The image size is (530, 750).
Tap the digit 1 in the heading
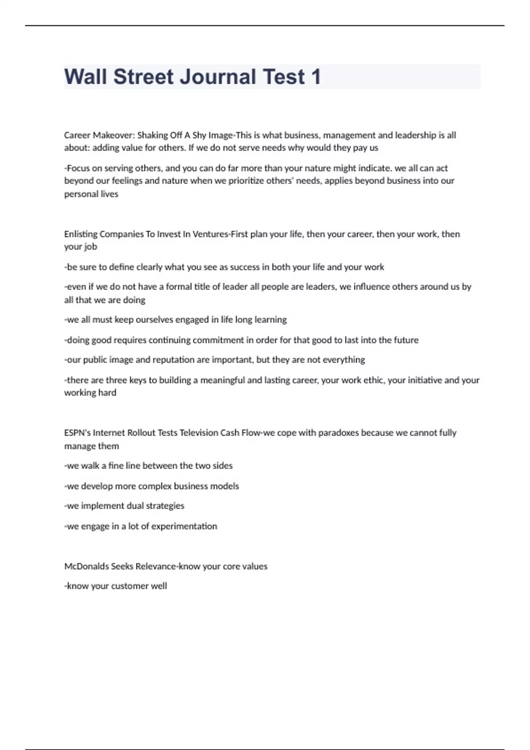[316, 77]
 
